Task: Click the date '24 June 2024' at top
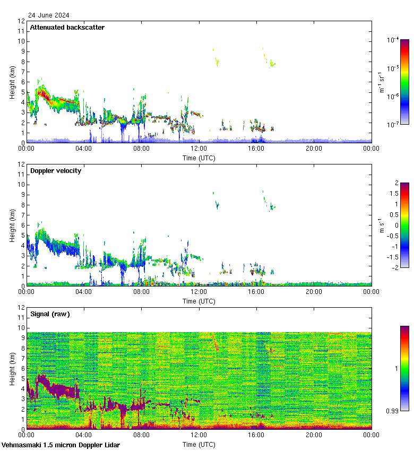coord(48,15)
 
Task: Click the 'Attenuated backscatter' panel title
coord(67,28)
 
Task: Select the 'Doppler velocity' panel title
coord(56,171)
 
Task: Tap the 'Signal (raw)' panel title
coord(50,314)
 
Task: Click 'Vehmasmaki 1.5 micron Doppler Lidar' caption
coord(61,445)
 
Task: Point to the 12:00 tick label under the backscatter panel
coord(199,149)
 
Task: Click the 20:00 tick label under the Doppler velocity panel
coord(314,292)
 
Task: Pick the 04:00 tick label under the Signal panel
coord(84,436)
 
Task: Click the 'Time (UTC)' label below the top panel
coord(199,158)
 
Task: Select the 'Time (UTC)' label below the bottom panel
coord(199,444)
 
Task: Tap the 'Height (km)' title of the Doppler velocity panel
coord(12,225)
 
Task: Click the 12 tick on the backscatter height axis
coord(21,21)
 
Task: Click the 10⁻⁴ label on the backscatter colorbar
coord(393,40)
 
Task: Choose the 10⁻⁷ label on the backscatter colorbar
coord(393,125)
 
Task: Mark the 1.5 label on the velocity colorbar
coord(392,193)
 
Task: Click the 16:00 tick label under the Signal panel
coord(256,436)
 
